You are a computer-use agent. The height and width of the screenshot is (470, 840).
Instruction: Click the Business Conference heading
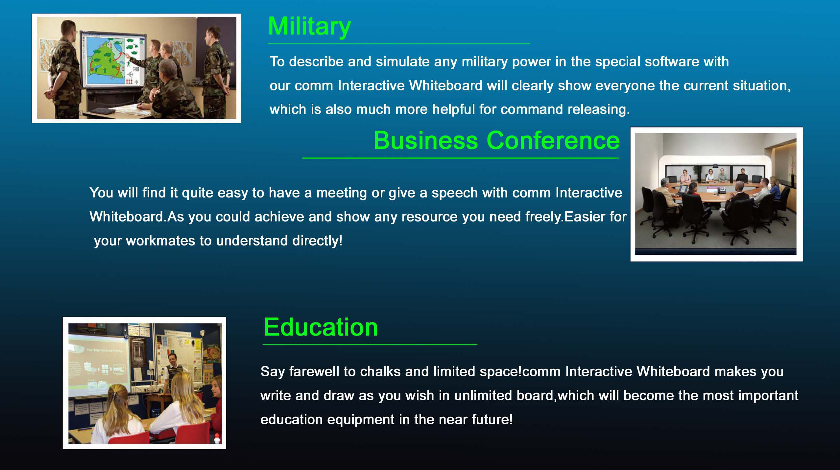[x=496, y=141]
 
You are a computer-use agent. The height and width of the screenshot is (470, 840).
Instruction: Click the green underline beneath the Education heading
[x=370, y=344]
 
